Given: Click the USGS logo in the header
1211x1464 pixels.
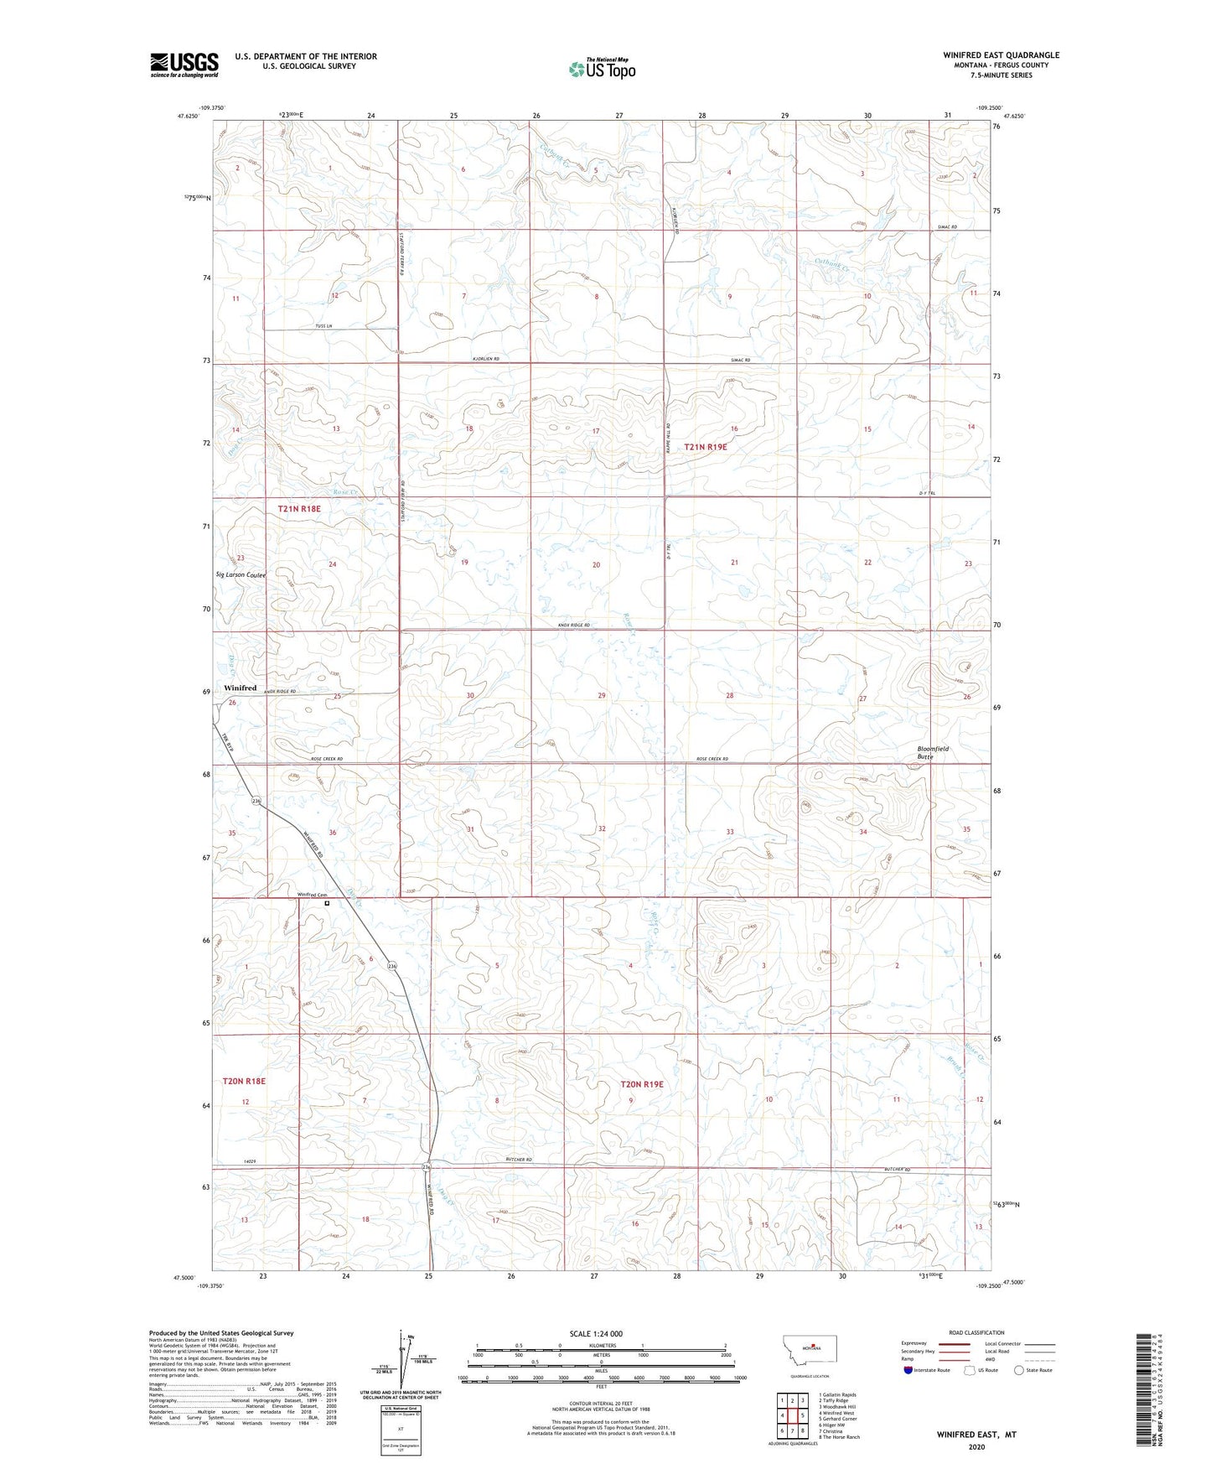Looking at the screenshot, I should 184,65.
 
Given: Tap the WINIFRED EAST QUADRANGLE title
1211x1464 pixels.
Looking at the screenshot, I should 1001,55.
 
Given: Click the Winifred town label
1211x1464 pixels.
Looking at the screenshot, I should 240,688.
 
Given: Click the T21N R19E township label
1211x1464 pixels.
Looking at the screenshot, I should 705,447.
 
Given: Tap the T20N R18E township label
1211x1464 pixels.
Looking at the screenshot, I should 244,1081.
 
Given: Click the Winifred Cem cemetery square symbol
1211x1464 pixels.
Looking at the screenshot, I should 327,904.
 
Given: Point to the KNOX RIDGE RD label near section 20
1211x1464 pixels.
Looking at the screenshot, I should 573,626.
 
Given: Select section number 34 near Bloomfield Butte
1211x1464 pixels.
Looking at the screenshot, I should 862,832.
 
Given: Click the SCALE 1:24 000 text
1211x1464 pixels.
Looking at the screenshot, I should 596,1333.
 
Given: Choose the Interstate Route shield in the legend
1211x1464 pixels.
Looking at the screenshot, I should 908,1370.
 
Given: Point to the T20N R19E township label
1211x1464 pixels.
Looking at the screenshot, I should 641,1084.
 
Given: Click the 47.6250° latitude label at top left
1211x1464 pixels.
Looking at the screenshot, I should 188,117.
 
